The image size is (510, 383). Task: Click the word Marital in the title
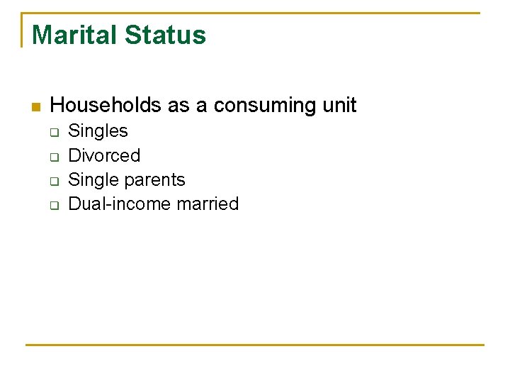[72, 35]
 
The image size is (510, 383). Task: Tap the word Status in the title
[164, 35]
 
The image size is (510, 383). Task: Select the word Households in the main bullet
[106, 106]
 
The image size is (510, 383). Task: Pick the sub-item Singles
[98, 131]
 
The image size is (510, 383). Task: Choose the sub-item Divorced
[104, 155]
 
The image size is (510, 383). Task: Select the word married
[208, 204]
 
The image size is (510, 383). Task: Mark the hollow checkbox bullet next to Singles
[52, 132]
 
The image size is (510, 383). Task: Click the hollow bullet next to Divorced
[52, 156]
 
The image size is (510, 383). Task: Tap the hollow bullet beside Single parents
[52, 181]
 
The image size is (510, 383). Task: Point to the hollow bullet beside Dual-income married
[52, 205]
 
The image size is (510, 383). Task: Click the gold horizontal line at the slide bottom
[255, 345]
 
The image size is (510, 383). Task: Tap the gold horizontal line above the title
[255, 13]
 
